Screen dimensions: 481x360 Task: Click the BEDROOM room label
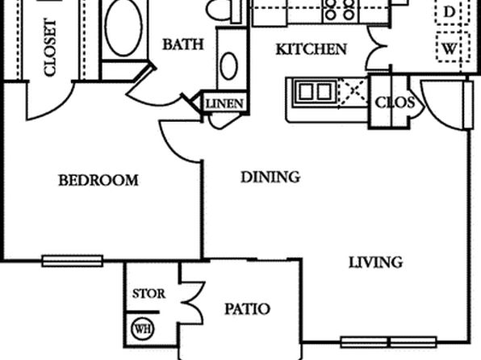[98, 180]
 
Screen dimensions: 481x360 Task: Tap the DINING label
[270, 177]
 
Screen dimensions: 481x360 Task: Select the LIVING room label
[376, 262]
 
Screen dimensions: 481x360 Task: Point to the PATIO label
[247, 309]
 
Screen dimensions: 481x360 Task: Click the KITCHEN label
[312, 49]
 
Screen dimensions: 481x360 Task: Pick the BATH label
[183, 44]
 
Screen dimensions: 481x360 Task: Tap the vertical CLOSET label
[50, 48]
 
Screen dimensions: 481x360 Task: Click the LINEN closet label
[225, 104]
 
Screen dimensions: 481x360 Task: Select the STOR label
[148, 294]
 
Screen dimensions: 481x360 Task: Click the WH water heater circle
[143, 329]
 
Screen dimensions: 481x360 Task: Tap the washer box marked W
[453, 48]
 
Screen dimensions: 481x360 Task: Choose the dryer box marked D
[453, 11]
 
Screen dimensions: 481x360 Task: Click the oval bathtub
[123, 27]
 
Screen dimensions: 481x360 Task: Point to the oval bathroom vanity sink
[228, 66]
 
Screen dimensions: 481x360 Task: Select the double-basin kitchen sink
[316, 92]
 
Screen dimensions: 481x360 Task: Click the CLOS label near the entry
[395, 103]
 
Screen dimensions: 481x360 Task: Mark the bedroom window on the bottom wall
[73, 261]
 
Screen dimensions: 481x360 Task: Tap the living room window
[389, 342]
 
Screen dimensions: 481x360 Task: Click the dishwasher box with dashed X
[353, 91]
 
